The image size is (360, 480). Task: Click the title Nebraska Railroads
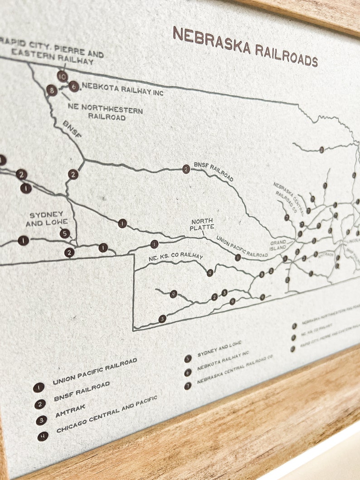pyautogui.click(x=245, y=47)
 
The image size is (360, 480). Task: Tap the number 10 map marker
pyautogui.click(x=63, y=76)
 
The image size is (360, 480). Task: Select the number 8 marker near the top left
pyautogui.click(x=52, y=90)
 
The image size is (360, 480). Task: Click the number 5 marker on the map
pyautogui.click(x=65, y=233)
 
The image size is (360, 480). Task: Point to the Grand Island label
pyautogui.click(x=278, y=245)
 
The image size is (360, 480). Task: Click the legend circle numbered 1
pyautogui.click(x=39, y=388)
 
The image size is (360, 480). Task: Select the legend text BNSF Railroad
pyautogui.click(x=82, y=391)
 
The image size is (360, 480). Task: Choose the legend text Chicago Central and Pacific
pyautogui.click(x=107, y=413)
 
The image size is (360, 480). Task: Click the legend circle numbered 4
pyautogui.click(x=43, y=436)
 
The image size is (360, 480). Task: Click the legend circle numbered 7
pyautogui.click(x=188, y=386)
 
